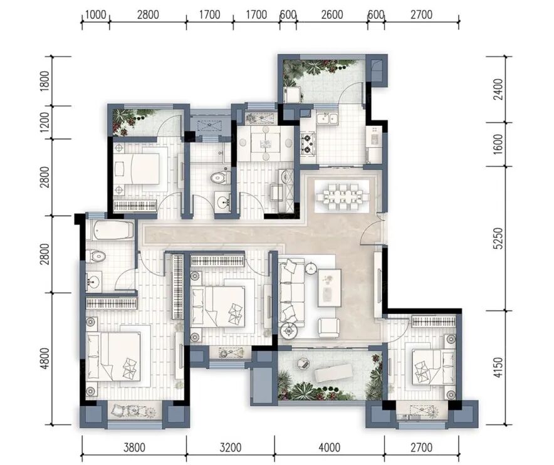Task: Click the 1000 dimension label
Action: pyautogui.click(x=96, y=15)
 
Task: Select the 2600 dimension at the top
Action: pyautogui.click(x=332, y=15)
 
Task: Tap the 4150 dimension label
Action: pyautogui.click(x=498, y=367)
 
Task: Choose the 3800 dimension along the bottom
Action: pyautogui.click(x=134, y=447)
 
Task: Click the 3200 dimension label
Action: pyautogui.click(x=231, y=447)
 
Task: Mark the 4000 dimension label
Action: pyautogui.click(x=329, y=447)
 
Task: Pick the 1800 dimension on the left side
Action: pyautogui.click(x=45, y=81)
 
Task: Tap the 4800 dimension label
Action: pyautogui.click(x=45, y=358)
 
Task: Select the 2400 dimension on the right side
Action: pyautogui.click(x=498, y=89)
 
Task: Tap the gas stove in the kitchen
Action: pyautogui.click(x=307, y=143)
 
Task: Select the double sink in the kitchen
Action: pyautogui.click(x=327, y=118)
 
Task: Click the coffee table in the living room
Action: pyautogui.click(x=329, y=288)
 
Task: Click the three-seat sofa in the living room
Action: pyautogui.click(x=291, y=292)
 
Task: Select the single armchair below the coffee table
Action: pyautogui.click(x=328, y=327)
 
